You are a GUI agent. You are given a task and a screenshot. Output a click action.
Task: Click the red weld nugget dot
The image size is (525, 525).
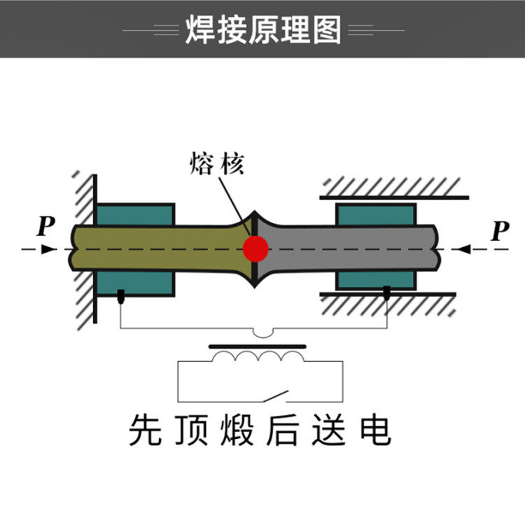pyautogui.click(x=255, y=248)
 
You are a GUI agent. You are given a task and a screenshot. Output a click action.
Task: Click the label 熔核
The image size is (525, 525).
pyautogui.click(x=216, y=164)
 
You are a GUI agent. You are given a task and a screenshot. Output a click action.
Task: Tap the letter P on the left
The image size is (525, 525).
pyautogui.click(x=46, y=226)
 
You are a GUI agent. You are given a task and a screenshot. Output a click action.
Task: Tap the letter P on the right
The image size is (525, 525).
pyautogui.click(x=499, y=230)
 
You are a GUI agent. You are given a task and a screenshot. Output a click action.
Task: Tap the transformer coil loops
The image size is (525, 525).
pyautogui.click(x=259, y=358)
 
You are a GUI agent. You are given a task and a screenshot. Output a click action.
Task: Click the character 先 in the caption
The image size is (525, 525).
pyautogui.click(x=144, y=430)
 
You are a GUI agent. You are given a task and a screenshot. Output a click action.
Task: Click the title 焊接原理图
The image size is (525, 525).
pyautogui.click(x=262, y=29)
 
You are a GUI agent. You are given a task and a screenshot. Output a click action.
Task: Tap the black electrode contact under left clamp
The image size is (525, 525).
pyautogui.click(x=120, y=296)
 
